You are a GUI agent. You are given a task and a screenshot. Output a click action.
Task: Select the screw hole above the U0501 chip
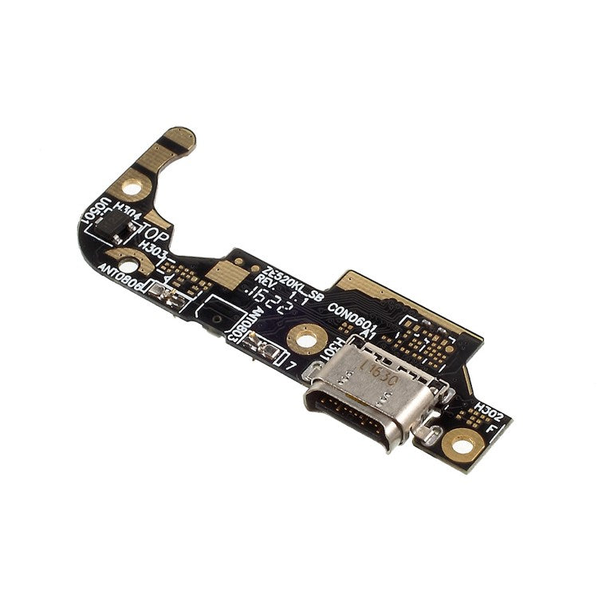(x=132, y=187)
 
